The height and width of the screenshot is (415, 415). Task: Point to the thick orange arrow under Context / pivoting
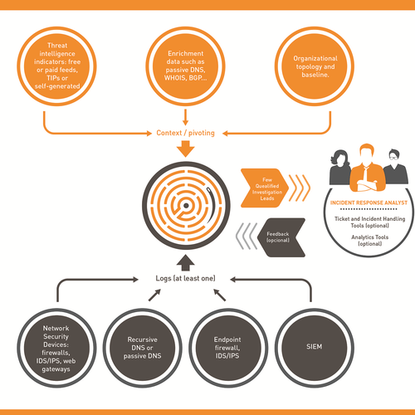click(x=184, y=150)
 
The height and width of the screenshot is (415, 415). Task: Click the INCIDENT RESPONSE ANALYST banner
click(x=366, y=203)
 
